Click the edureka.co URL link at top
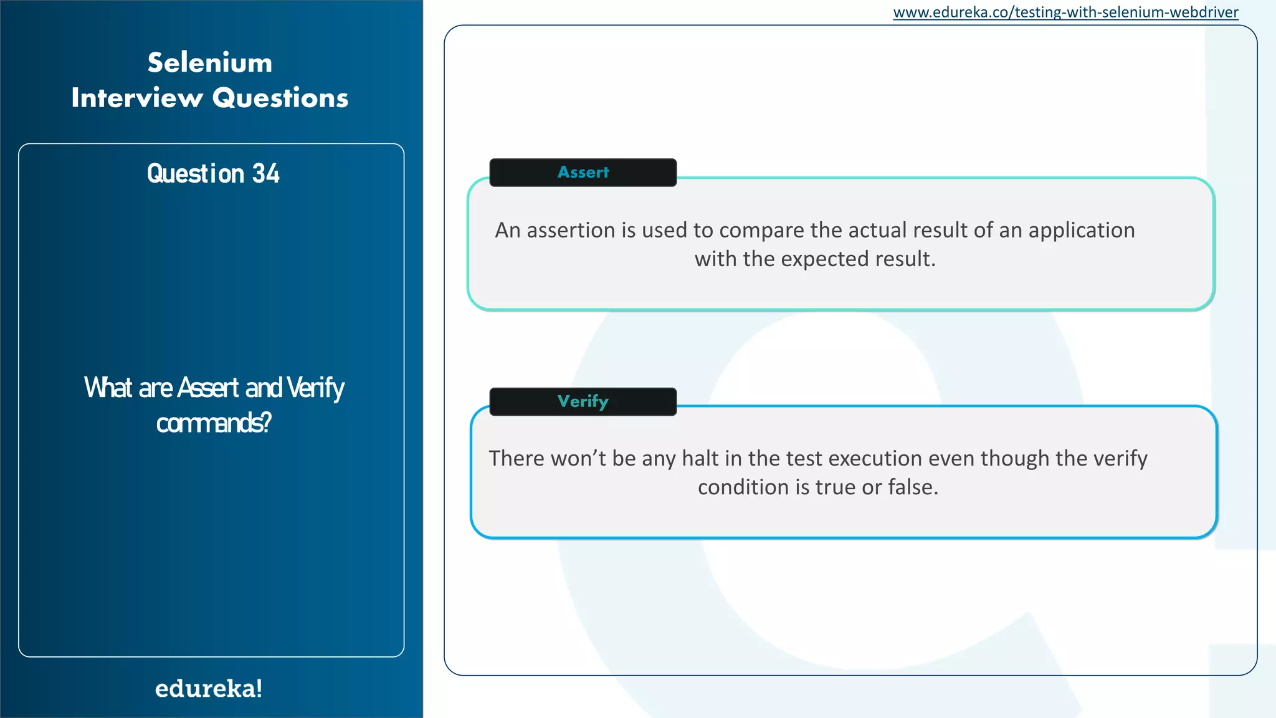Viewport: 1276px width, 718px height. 1065,12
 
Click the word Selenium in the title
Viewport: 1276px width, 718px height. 210,63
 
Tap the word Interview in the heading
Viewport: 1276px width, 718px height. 137,98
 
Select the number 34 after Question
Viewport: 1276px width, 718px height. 266,173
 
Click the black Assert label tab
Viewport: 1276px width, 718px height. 583,173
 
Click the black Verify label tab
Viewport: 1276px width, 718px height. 583,401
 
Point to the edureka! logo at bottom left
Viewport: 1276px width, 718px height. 209,689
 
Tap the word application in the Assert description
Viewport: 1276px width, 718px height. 1082,231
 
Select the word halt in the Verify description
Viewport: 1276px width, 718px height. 700,459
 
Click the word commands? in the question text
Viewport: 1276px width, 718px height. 214,423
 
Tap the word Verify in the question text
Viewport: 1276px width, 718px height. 315,388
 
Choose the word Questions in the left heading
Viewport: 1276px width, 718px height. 280,98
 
